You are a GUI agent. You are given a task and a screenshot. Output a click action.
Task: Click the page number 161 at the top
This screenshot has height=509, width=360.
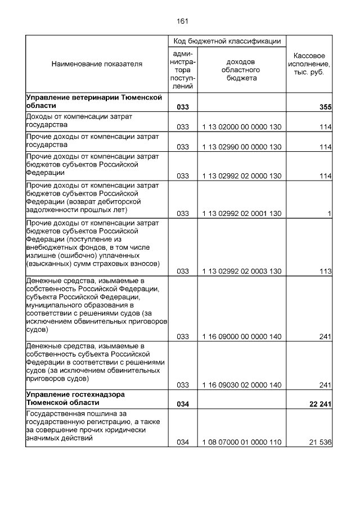pyautogui.click(x=182, y=21)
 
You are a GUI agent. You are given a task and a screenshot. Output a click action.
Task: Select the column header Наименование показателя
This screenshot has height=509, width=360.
pyautogui.click(x=97, y=64)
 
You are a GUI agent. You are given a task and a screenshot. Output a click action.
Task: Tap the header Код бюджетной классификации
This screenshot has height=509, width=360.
pyautogui.click(x=227, y=41)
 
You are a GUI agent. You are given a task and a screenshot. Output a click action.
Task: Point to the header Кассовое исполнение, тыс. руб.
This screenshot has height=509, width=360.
pyautogui.click(x=309, y=64)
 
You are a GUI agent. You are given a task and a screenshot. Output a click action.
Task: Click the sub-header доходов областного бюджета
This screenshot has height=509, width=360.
pyautogui.click(x=241, y=70)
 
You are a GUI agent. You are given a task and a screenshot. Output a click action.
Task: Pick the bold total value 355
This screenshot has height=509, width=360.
pyautogui.click(x=325, y=106)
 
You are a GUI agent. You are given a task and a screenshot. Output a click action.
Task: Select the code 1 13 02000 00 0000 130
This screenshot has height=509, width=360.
pyautogui.click(x=242, y=127)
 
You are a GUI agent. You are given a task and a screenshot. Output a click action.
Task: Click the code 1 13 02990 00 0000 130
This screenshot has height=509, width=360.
pyautogui.click(x=242, y=147)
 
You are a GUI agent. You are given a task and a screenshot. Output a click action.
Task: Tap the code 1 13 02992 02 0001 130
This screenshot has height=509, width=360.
pyautogui.click(x=242, y=214)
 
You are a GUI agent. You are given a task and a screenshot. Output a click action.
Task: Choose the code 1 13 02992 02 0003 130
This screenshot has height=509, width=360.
pyautogui.click(x=242, y=271)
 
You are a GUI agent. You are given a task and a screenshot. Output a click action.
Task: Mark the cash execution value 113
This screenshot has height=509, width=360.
pyautogui.click(x=325, y=271)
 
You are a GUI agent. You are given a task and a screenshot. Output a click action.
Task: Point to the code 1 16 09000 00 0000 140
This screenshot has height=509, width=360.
pyautogui.click(x=242, y=337)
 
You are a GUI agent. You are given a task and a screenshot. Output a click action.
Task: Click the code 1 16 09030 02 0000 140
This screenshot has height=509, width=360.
pyautogui.click(x=242, y=385)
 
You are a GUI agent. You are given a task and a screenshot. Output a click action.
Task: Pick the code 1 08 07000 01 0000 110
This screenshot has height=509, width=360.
pyautogui.click(x=242, y=443)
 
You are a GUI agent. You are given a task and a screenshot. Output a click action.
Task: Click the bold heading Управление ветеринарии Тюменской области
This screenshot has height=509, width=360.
pyautogui.click(x=94, y=101)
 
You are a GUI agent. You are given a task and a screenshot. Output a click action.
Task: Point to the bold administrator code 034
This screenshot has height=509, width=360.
pyautogui.click(x=183, y=404)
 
